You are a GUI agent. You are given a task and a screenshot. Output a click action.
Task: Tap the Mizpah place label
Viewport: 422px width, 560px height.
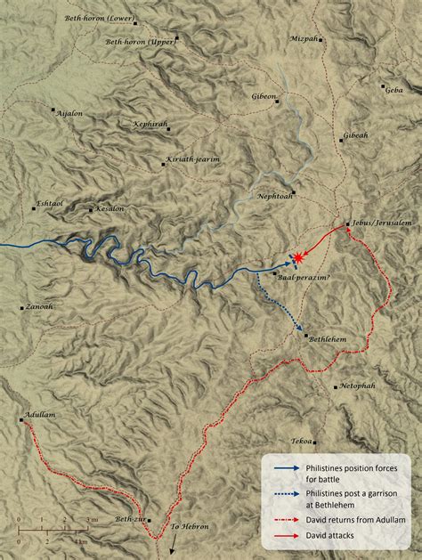pos(304,39)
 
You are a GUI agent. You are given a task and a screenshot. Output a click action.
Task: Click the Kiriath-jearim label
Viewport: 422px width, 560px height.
pos(192,160)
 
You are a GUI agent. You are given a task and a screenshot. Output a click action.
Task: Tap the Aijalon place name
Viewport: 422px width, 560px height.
pos(69,115)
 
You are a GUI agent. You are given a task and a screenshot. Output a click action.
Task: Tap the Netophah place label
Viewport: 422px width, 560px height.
pos(357,387)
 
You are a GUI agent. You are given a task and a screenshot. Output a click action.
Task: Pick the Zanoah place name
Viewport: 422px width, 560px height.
pos(39,307)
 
